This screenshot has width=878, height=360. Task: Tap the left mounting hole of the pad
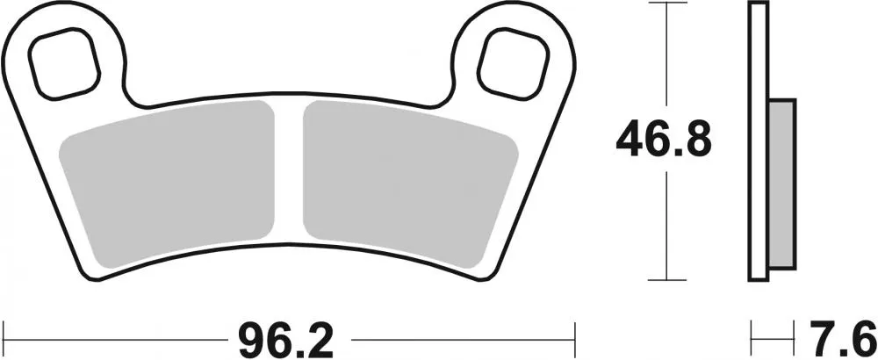click(x=60, y=62)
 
